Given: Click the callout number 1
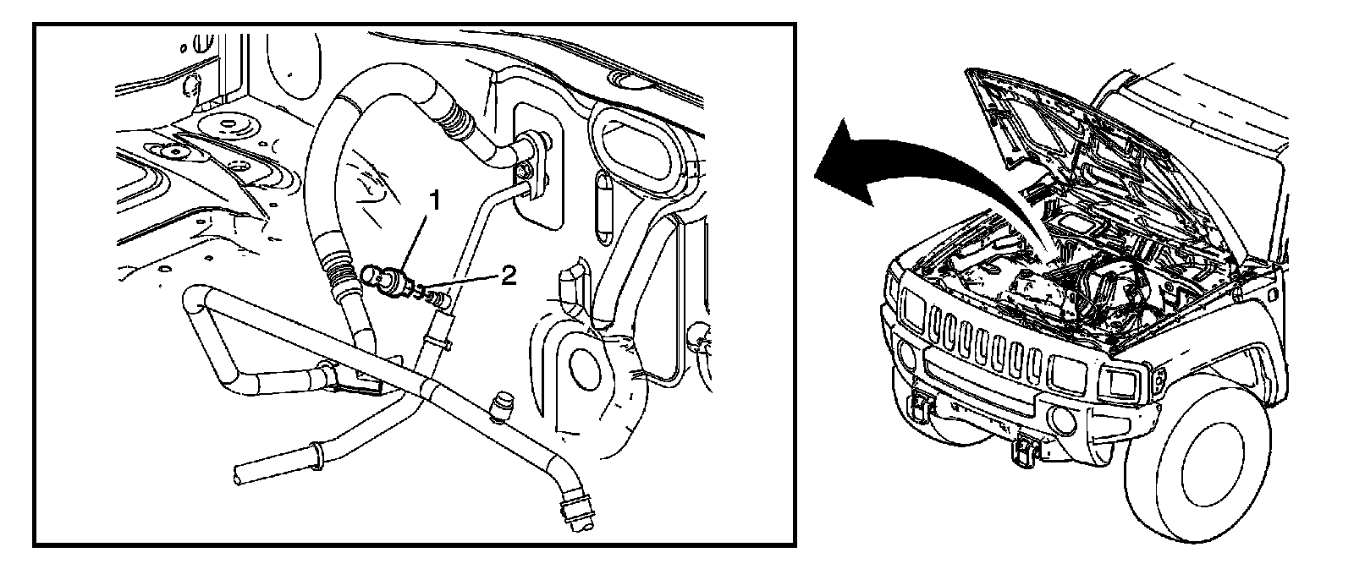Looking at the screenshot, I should click(x=435, y=200).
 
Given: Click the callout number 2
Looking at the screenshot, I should click(x=507, y=276).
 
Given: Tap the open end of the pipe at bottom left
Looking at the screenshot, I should click(x=239, y=473).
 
